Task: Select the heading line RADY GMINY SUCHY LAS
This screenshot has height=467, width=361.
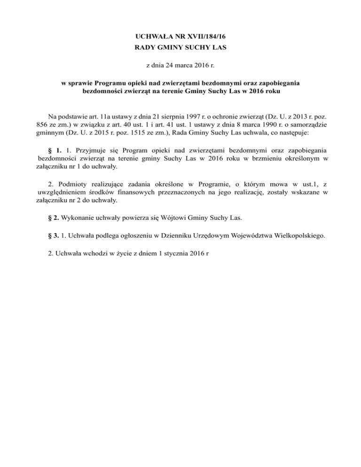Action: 180,47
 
